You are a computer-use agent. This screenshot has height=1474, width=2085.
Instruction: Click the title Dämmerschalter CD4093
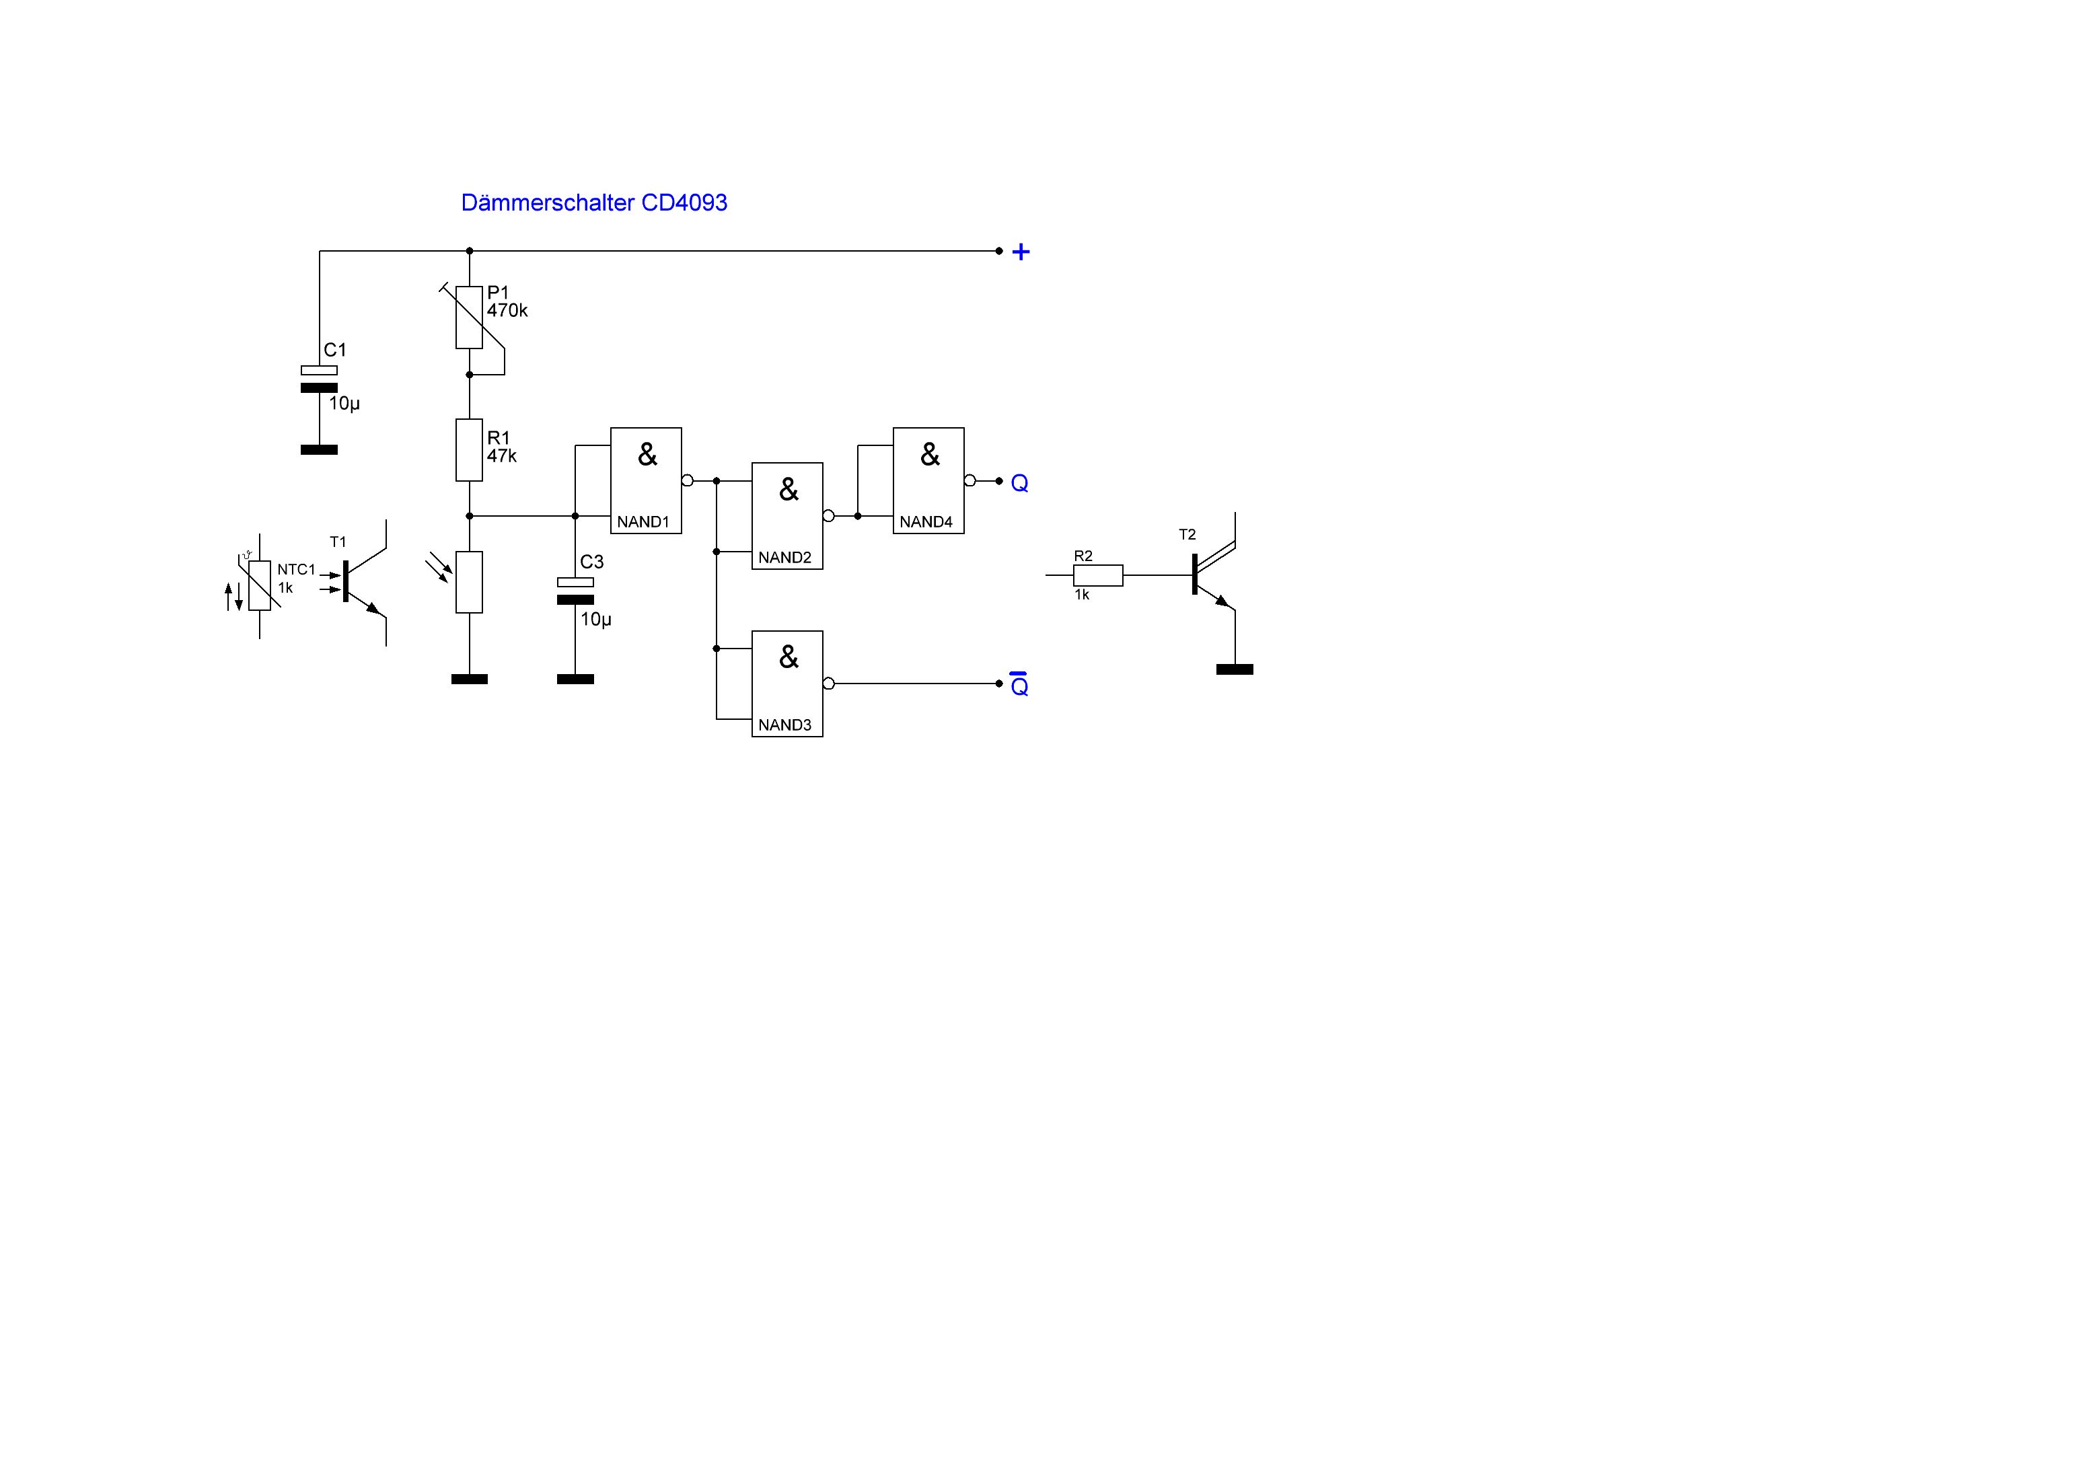tap(594, 202)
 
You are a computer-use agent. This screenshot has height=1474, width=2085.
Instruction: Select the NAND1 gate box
tap(646, 480)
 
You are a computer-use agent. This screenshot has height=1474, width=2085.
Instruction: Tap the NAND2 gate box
tap(787, 516)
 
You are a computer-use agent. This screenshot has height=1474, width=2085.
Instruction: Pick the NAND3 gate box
tap(787, 683)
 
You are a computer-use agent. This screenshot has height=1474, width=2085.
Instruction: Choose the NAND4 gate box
tap(928, 480)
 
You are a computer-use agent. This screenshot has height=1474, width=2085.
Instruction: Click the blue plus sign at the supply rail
tap(1021, 252)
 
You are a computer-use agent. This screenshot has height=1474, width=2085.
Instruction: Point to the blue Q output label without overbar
tap(1020, 484)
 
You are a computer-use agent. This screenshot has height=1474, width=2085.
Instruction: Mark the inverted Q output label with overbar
tap(1020, 686)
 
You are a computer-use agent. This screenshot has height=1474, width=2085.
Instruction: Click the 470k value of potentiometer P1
tap(507, 311)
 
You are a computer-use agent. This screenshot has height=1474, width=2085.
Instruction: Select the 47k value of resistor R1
tap(501, 456)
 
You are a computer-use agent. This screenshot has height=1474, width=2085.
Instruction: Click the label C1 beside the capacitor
tap(335, 350)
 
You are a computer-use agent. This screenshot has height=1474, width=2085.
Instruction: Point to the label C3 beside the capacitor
tap(591, 562)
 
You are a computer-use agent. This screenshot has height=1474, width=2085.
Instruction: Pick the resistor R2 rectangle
tap(1098, 575)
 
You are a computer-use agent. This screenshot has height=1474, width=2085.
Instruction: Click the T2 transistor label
tap(1187, 535)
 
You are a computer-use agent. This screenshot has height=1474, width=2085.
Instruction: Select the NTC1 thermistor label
tap(296, 569)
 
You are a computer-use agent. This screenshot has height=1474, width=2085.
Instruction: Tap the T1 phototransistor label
tap(338, 542)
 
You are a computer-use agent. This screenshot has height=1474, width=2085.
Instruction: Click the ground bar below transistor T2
tap(1234, 669)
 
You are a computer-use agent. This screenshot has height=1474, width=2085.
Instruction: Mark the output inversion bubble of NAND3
tap(828, 683)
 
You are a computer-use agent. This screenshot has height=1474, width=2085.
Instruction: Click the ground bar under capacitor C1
tap(319, 449)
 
